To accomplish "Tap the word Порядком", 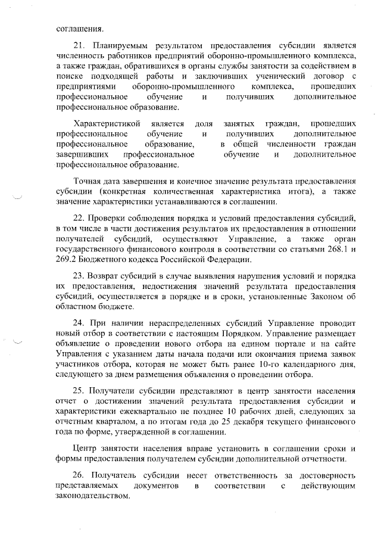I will click(202, 333).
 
